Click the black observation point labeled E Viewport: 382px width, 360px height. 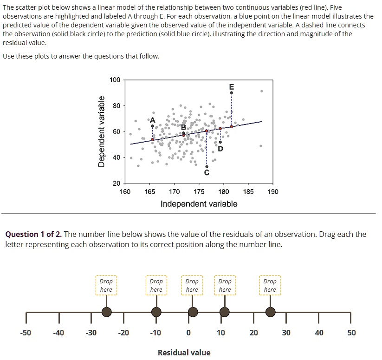click(x=232, y=93)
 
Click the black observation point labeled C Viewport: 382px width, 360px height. click(x=207, y=166)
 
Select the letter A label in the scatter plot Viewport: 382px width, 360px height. click(x=152, y=120)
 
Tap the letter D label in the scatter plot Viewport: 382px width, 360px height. click(x=220, y=149)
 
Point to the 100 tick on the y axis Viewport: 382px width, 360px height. click(x=115, y=80)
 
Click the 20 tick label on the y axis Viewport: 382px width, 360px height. click(x=117, y=183)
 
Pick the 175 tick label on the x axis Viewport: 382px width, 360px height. click(x=199, y=192)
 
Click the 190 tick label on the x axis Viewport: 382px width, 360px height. click(x=273, y=192)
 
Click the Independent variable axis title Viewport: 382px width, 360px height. click(x=199, y=204)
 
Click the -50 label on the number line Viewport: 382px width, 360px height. click(x=26, y=333)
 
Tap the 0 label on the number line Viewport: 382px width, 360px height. click(x=188, y=333)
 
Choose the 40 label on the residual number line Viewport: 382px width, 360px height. click(x=318, y=333)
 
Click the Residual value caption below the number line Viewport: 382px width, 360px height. click(x=184, y=353)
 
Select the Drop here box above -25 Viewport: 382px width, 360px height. click(x=106, y=285)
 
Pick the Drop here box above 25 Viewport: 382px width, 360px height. click(x=270, y=285)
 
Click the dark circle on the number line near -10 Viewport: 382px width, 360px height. click(x=156, y=312)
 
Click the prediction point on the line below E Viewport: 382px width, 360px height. click(x=232, y=126)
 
